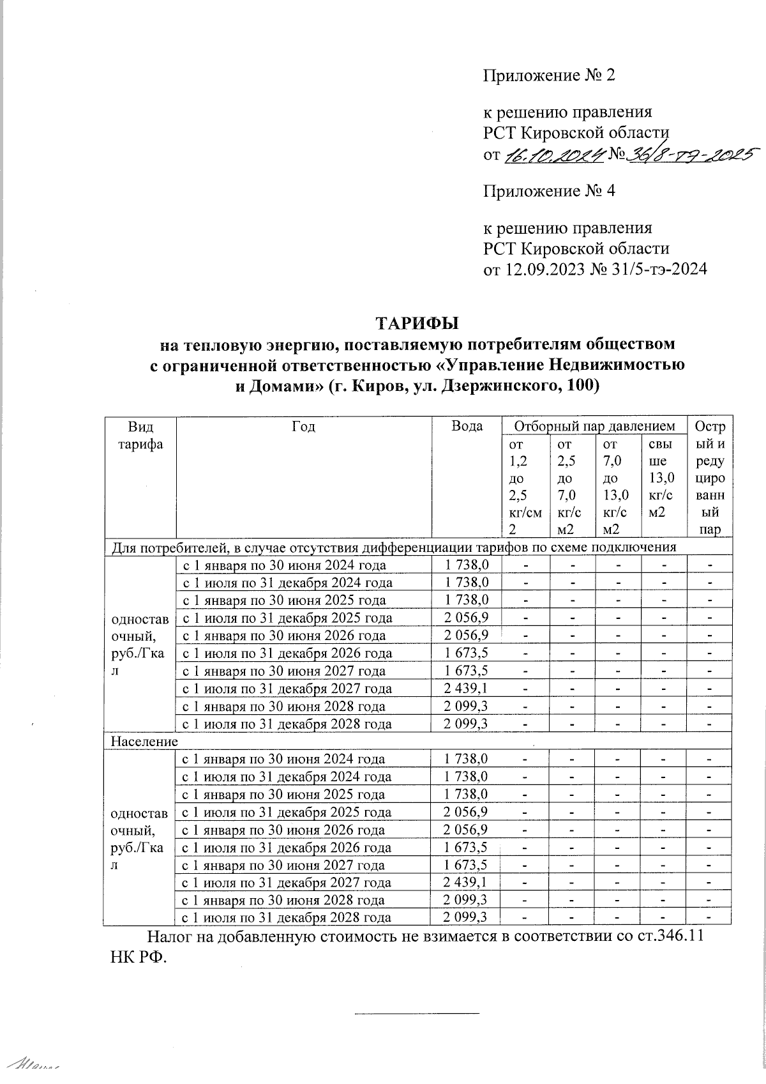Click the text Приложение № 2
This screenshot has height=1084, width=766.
tap(548, 75)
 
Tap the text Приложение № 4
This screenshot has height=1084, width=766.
tap(548, 190)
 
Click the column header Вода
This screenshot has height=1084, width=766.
tap(467, 426)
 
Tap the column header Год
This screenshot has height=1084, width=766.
tap(304, 426)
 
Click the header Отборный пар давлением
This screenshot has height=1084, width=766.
tap(594, 426)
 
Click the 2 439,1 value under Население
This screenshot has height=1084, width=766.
tap(467, 883)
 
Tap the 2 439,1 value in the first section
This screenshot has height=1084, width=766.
tap(467, 689)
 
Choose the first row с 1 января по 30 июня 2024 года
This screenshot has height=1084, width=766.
tap(284, 565)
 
